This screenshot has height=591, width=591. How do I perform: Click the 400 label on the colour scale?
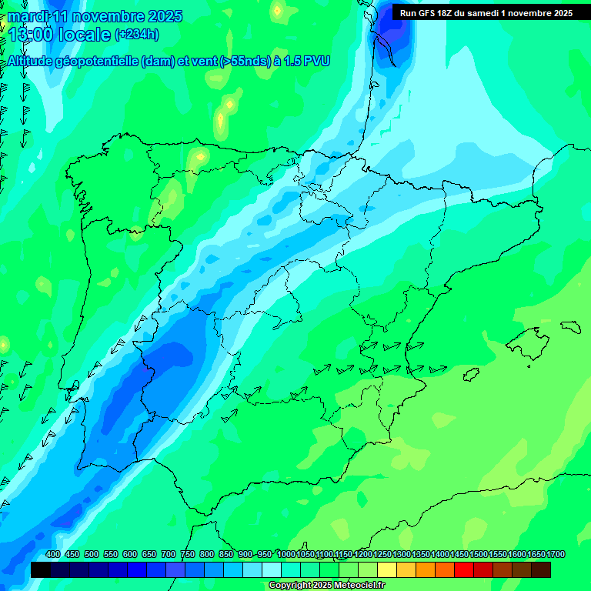pyautogui.click(x=53, y=555)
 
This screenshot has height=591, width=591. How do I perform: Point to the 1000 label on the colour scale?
pyautogui.click(x=286, y=555)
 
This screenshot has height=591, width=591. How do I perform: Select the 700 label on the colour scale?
pyautogui.click(x=169, y=555)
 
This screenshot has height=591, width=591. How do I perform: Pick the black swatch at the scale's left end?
pyautogui.click(x=41, y=569)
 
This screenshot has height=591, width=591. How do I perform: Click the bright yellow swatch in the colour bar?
pyautogui.click(x=387, y=569)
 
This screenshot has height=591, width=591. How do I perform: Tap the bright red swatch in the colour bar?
pyautogui.click(x=464, y=569)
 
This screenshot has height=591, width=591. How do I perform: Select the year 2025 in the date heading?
pyautogui.click(x=163, y=16)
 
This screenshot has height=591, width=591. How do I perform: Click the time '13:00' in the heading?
pyautogui.click(x=28, y=35)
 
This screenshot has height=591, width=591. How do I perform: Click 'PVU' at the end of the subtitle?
pyautogui.click(x=316, y=62)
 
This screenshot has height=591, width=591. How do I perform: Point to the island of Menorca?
pyautogui.click(x=569, y=326)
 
